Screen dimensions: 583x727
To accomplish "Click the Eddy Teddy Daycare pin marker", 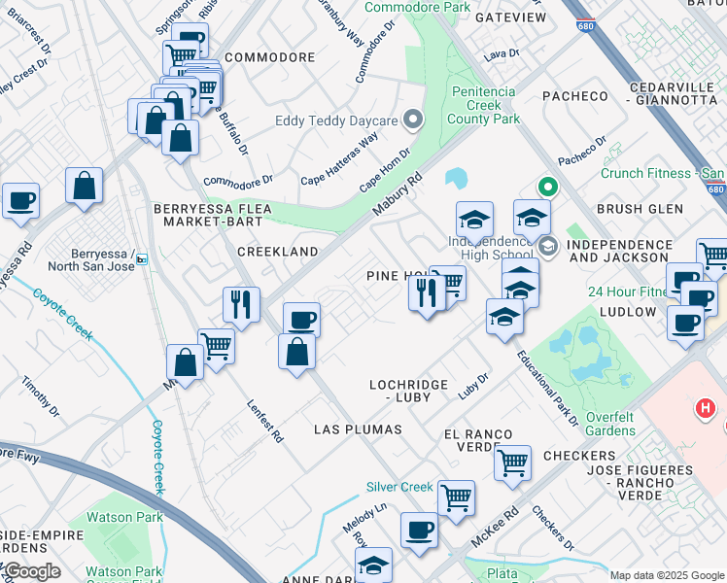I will pyautogui.click(x=413, y=120).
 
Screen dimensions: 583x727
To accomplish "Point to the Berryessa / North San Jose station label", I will pyautogui.click(x=93, y=259).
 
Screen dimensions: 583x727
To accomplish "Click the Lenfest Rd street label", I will pyautogui.click(x=264, y=421).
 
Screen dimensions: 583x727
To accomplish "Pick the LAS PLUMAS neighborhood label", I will pyautogui.click(x=358, y=429).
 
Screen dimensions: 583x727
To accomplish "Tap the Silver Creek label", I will pyautogui.click(x=399, y=487).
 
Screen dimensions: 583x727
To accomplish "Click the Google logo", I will pyautogui.click(x=33, y=571).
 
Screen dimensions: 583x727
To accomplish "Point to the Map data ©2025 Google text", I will pyautogui.click(x=667, y=574).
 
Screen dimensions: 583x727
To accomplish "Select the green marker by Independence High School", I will pyautogui.click(x=547, y=188).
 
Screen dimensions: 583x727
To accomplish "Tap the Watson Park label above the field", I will pyautogui.click(x=124, y=517).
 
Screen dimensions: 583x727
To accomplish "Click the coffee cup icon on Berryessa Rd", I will pyautogui.click(x=20, y=200).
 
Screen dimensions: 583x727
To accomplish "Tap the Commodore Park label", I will pyautogui.click(x=416, y=8).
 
